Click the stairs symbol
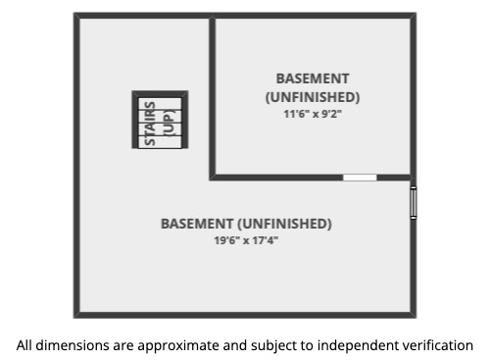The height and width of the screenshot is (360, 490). (x=160, y=120)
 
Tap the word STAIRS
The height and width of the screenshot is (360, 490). (x=150, y=124)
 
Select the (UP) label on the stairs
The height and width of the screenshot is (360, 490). (x=169, y=123)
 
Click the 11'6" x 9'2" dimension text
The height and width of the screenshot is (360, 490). (x=313, y=114)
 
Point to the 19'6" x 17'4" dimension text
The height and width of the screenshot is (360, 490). (x=246, y=240)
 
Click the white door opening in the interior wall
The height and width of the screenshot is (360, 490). (x=360, y=178)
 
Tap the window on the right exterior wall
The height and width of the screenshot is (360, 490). (x=414, y=203)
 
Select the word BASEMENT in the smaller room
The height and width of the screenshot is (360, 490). (x=313, y=78)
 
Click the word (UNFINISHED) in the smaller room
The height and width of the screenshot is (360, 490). (x=313, y=97)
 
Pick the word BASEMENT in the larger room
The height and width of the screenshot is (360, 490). (x=197, y=224)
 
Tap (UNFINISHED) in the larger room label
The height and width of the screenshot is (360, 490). (x=284, y=224)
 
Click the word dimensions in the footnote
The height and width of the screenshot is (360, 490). (x=73, y=345)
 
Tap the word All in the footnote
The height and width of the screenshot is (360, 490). (x=24, y=345)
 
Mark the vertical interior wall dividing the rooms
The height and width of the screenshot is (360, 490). (x=213, y=96)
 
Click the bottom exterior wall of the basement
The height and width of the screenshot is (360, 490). (x=245, y=315)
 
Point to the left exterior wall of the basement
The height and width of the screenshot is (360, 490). (x=76, y=165)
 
